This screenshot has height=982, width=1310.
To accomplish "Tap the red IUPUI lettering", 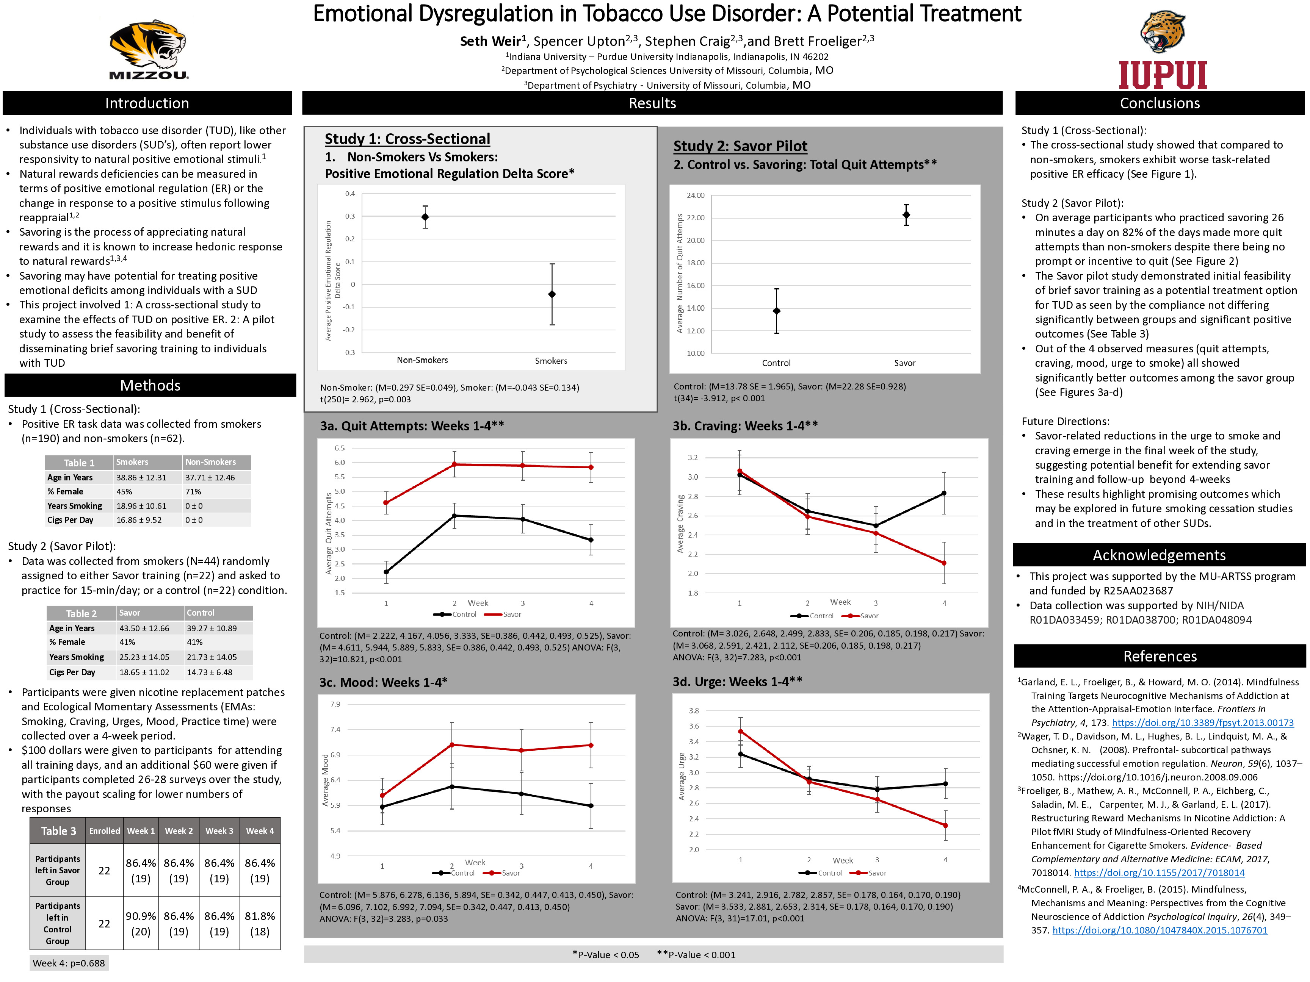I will coord(1163,75).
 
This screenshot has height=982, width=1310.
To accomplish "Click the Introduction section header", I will coord(147,103).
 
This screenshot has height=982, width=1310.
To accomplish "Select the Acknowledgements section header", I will coord(1159,555).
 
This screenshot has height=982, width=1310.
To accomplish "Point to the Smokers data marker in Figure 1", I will coord(552,294).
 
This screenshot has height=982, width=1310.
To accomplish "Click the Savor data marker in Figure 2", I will coord(906,215).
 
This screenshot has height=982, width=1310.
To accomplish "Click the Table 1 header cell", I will coord(79,462).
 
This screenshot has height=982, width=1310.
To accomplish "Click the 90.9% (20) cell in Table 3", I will coord(140,923).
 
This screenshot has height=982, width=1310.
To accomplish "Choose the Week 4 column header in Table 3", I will coord(260,830).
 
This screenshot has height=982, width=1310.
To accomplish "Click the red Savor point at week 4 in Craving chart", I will coord(944,563).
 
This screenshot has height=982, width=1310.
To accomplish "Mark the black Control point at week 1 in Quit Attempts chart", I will coord(386,572).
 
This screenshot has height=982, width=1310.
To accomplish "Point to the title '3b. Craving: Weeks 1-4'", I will coord(744,425).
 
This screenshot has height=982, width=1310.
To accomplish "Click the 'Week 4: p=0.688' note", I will coord(69,963).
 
